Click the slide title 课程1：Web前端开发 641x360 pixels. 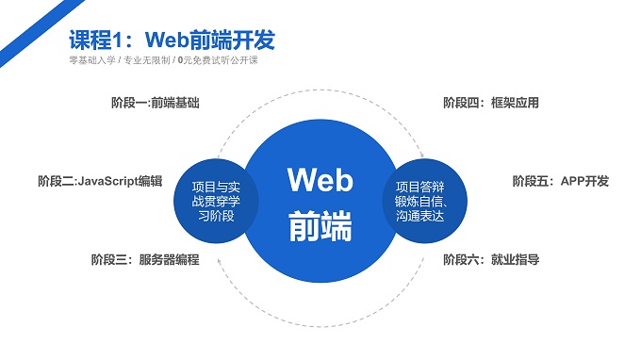pos(173,41)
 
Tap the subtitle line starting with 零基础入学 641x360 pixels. pos(163,61)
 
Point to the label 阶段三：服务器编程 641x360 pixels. pos(145,259)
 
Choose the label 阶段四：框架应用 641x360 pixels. pos(491,103)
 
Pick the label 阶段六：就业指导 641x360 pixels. pos(491,259)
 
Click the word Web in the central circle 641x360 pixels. pos(320,179)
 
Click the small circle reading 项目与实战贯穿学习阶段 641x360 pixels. pos(216,200)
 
